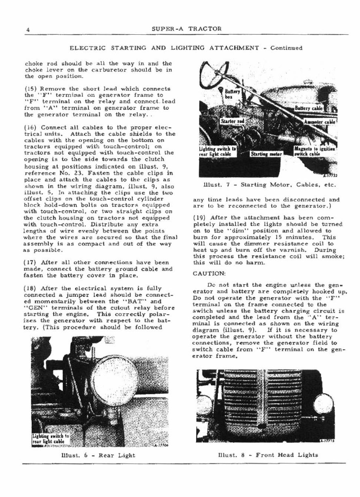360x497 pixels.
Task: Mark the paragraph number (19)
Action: pyautogui.click(x=201, y=218)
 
